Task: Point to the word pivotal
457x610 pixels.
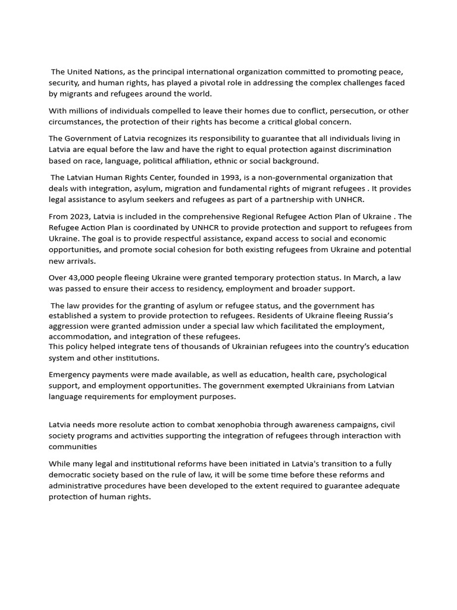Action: click(212, 83)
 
